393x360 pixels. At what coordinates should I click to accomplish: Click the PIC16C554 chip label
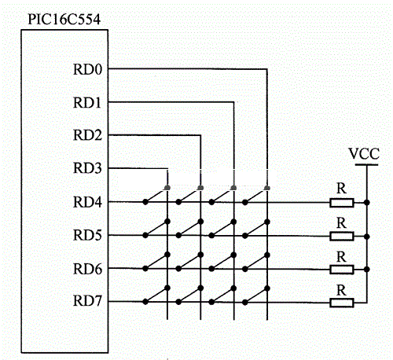pos(64,20)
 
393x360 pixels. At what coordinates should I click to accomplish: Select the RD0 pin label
pos(87,70)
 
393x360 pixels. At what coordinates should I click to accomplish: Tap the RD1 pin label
pos(87,103)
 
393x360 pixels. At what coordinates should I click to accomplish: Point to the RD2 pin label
pos(87,135)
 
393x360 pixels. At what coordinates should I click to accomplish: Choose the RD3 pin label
pos(87,168)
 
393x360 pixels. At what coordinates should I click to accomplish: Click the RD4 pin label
pos(87,202)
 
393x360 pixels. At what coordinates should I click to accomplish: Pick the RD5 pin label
pos(87,235)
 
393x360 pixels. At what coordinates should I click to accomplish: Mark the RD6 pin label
pos(87,269)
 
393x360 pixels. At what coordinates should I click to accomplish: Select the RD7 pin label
pos(87,301)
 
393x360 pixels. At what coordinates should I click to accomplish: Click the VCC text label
pos(364,154)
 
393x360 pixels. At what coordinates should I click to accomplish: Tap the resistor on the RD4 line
pos(342,203)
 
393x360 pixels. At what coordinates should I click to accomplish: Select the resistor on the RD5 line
pos(342,237)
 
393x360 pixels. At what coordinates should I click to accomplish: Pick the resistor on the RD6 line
pos(342,270)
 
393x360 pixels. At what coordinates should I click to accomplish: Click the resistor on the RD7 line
pos(342,303)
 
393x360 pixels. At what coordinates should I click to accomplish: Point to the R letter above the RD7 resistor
pos(341,290)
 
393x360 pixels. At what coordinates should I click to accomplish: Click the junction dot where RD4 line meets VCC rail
pos(367,203)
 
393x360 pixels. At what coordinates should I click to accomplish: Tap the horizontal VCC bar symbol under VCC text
pos(366,165)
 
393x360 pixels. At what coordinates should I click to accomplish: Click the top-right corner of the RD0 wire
pos(267,69)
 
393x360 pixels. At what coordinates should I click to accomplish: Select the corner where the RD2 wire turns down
pos(200,135)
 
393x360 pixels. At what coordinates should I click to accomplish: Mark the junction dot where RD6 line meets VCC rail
pos(367,270)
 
